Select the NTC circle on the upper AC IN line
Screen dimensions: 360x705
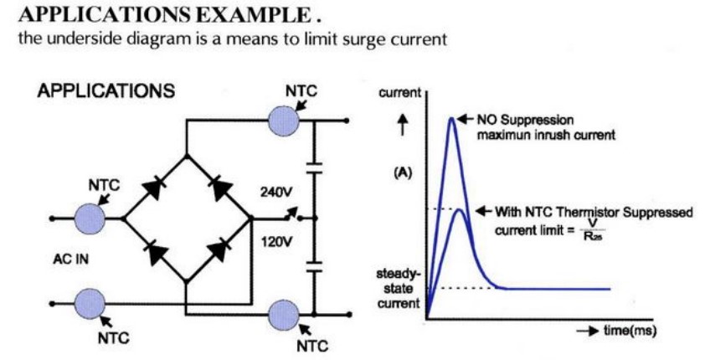89,219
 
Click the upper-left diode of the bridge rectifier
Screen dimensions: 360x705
152,188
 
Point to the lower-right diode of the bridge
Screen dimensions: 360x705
219,249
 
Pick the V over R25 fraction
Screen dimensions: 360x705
592,231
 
